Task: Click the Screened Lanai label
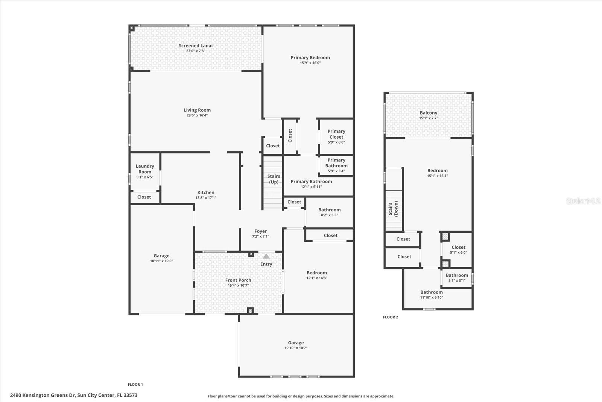tap(196, 46)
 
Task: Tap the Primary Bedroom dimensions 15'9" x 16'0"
tap(310, 63)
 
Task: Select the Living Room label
tap(197, 110)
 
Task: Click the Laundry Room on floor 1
tap(145, 171)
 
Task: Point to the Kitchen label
tap(206, 193)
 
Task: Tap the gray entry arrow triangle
tap(266, 256)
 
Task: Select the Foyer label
tap(260, 231)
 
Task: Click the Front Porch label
tap(238, 280)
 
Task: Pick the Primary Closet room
tap(336, 136)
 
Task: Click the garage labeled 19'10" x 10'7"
tap(296, 345)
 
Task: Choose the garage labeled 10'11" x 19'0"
tap(161, 258)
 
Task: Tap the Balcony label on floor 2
tap(429, 113)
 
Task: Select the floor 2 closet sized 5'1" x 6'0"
tap(458, 250)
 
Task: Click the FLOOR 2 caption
tap(390, 317)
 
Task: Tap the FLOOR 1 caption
tap(135, 385)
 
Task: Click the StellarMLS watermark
tap(583, 201)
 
